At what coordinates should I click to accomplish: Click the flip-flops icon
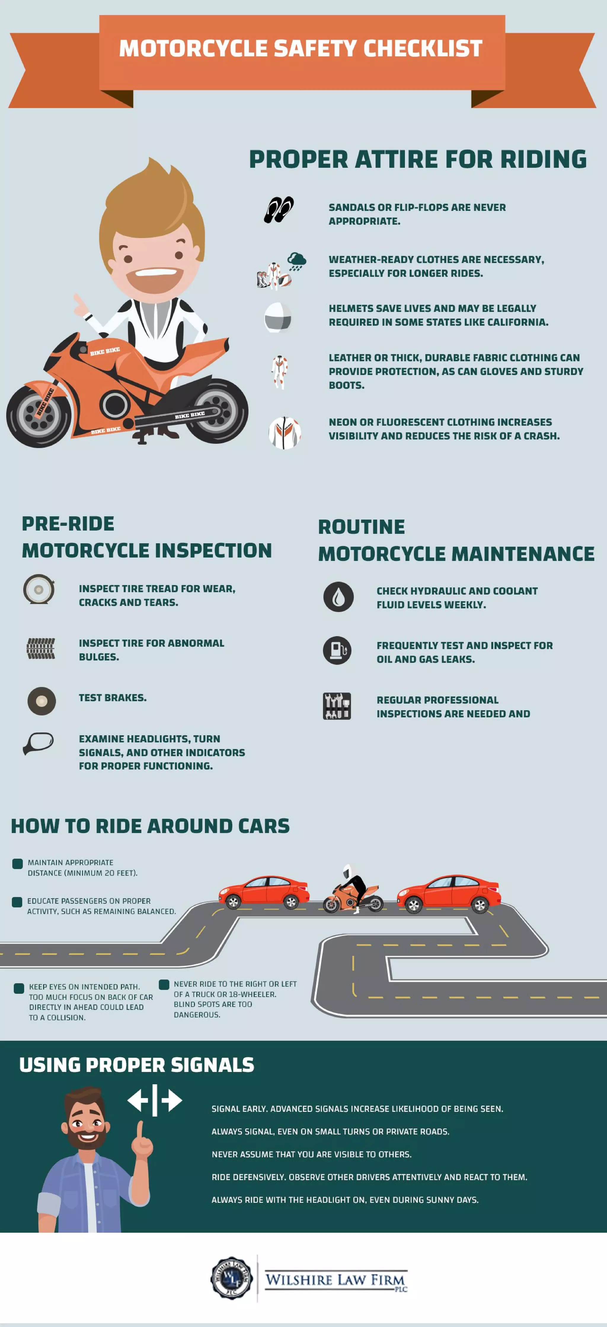[x=279, y=210]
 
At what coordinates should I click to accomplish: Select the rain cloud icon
[x=296, y=261]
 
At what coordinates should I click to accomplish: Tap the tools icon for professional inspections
[x=337, y=706]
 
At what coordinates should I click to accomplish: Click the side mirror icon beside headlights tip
[x=39, y=743]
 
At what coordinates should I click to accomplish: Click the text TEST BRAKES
[x=112, y=698]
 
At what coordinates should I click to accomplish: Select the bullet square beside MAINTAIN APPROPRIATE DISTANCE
[x=17, y=863]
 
